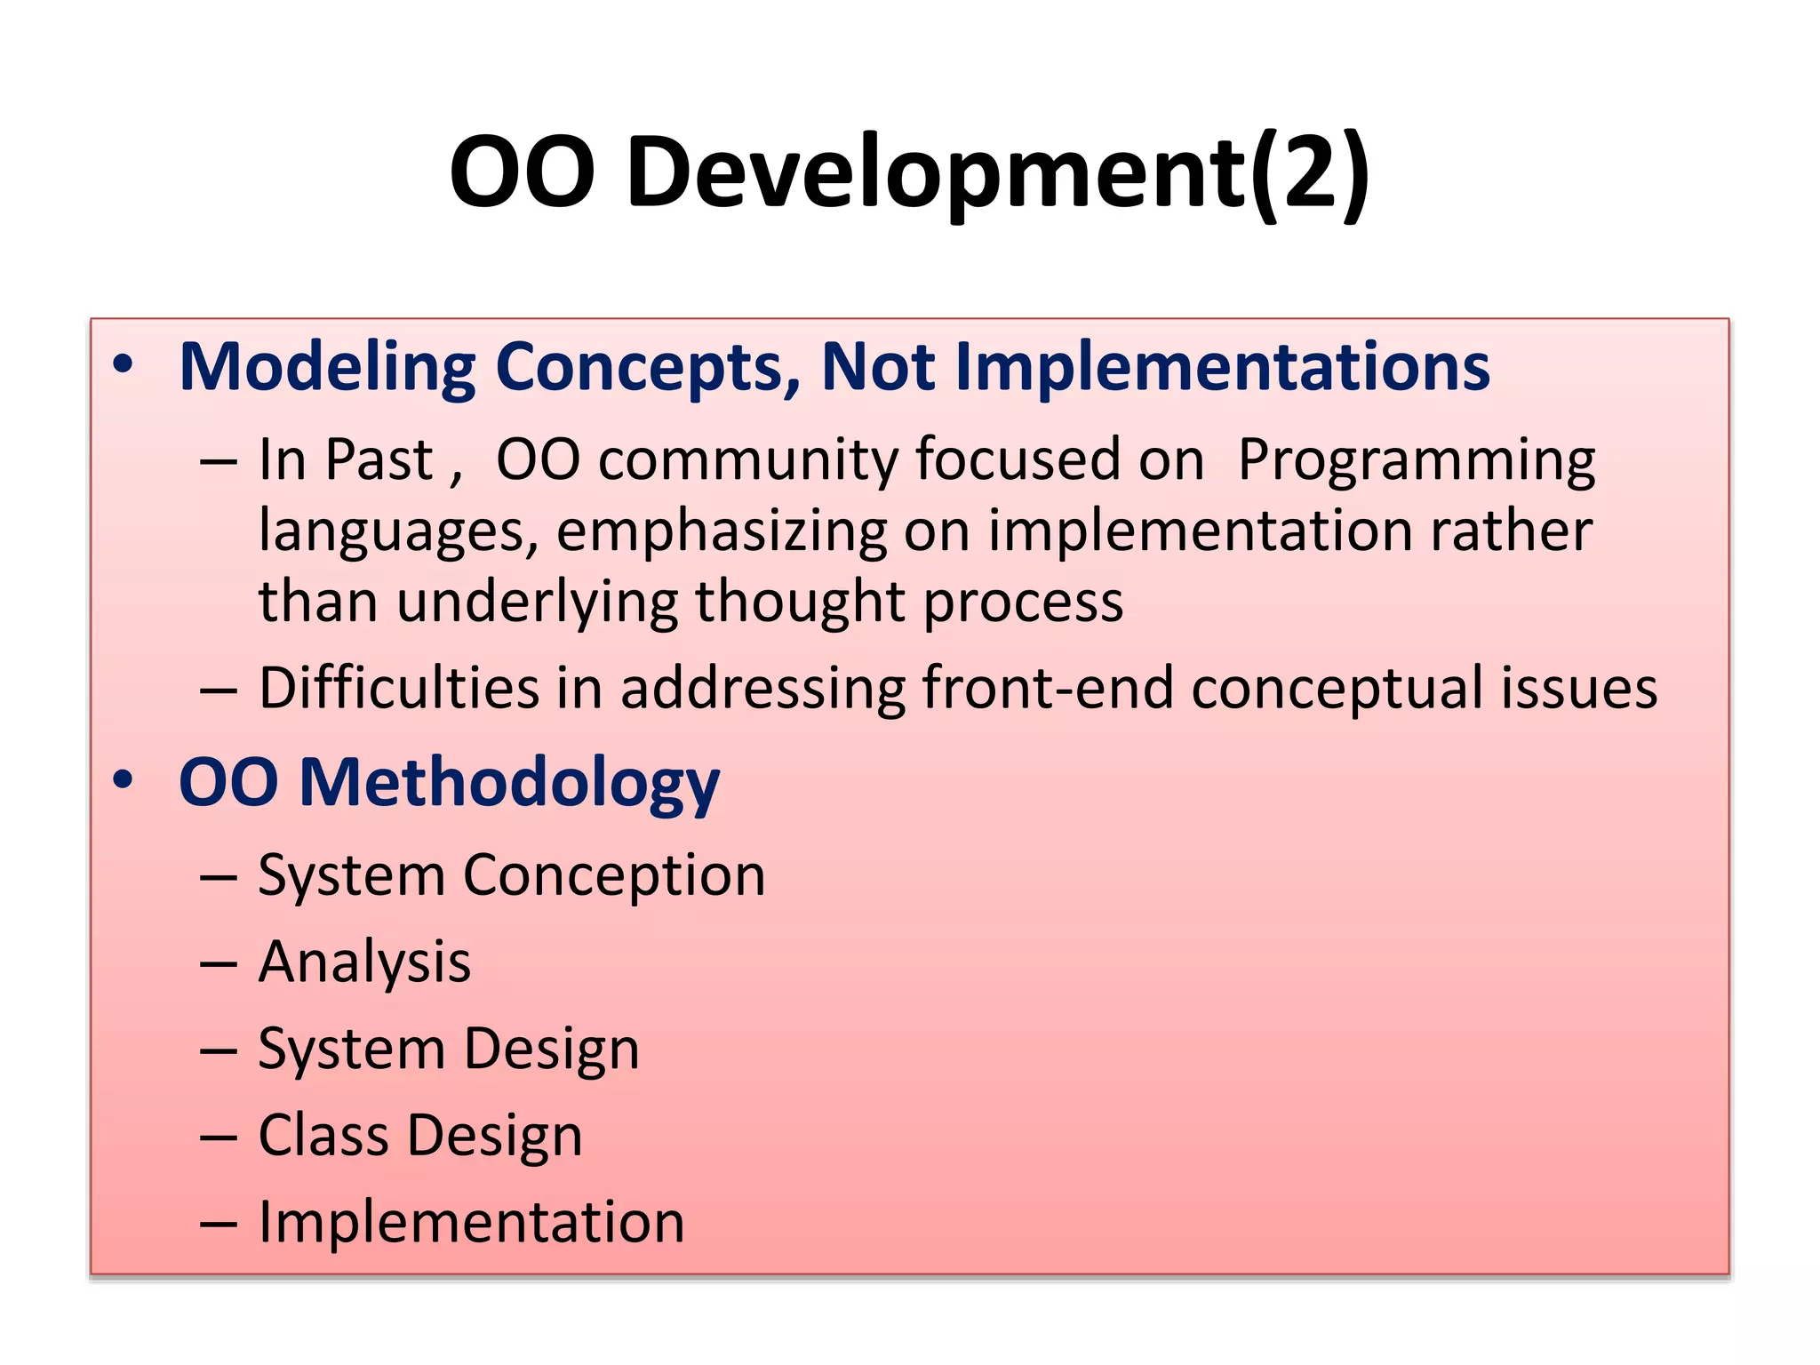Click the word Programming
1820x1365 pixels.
(1417, 460)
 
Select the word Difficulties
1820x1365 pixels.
(399, 688)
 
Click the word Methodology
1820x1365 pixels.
(509, 784)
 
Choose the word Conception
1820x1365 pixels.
(614, 876)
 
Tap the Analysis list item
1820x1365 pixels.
(364, 962)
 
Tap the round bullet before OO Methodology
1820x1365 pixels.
(123, 780)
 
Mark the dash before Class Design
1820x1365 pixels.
(219, 1137)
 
